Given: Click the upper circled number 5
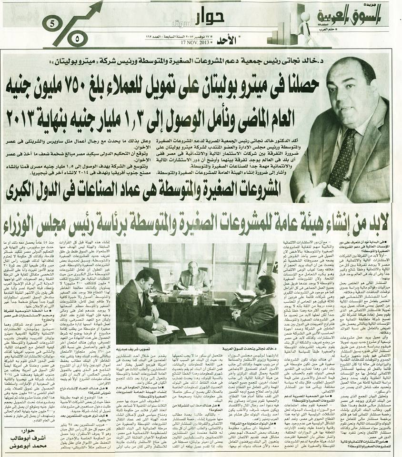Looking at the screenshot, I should (52, 22).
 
